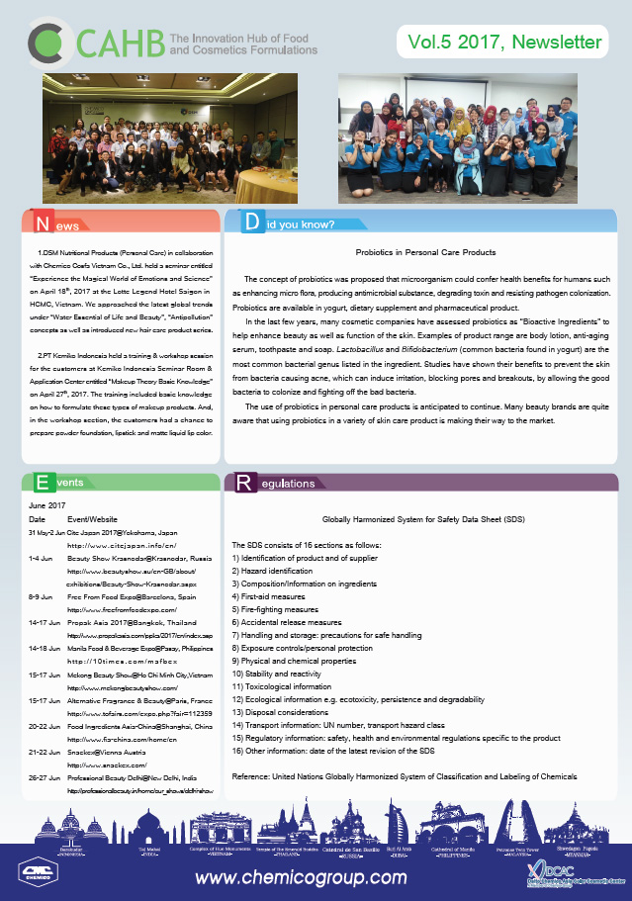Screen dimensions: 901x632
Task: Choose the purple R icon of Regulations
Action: [243, 484]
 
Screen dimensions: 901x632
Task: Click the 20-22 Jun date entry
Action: [45, 725]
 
